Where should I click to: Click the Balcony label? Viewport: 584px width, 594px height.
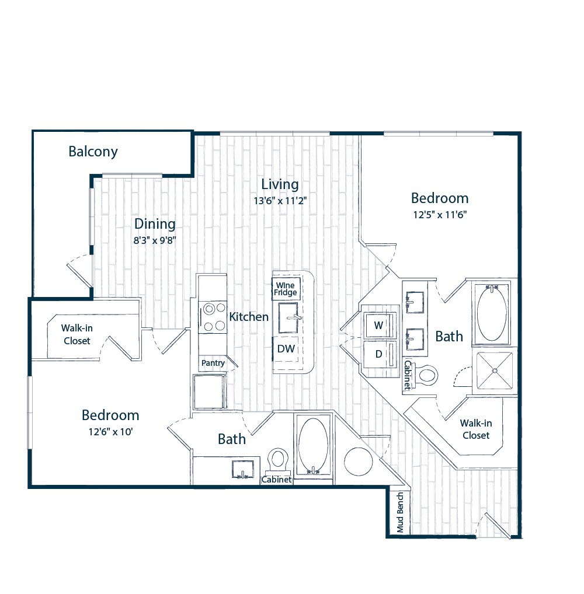pyautogui.click(x=93, y=152)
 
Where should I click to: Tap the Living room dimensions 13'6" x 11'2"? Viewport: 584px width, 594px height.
pyautogui.click(x=280, y=200)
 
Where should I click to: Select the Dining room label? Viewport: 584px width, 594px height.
pyautogui.click(x=155, y=223)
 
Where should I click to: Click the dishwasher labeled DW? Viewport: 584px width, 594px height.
pyautogui.click(x=286, y=349)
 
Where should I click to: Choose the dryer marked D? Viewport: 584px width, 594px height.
pyautogui.click(x=379, y=354)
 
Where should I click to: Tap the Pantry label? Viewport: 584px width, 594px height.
pyautogui.click(x=213, y=363)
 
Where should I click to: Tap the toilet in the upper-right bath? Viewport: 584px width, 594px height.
pyautogui.click(x=426, y=374)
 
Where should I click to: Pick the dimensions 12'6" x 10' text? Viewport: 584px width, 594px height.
pyautogui.click(x=110, y=432)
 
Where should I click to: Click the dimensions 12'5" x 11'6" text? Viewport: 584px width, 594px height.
pyautogui.click(x=439, y=214)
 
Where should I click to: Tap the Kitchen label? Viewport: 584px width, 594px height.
pyautogui.click(x=249, y=317)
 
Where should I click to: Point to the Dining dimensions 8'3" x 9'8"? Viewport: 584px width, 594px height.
pyautogui.click(x=154, y=239)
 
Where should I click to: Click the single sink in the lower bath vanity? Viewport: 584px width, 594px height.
pyautogui.click(x=242, y=469)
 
